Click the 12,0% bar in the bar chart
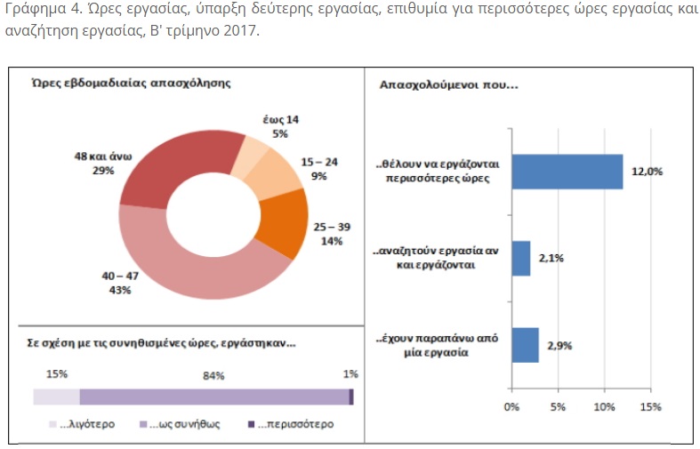pyautogui.click(x=567, y=171)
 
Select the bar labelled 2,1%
pyautogui.click(x=521, y=258)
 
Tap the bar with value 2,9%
pyautogui.click(x=525, y=344)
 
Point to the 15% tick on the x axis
pyautogui.click(x=650, y=408)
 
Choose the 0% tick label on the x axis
pyautogui.click(x=511, y=408)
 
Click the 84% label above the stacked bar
pyautogui.click(x=213, y=374)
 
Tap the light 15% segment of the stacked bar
pyautogui.click(x=56, y=397)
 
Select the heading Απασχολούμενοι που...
pyautogui.click(x=448, y=86)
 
